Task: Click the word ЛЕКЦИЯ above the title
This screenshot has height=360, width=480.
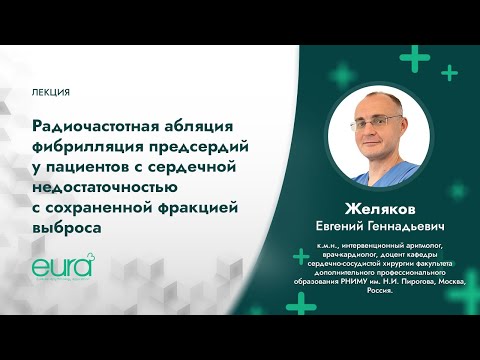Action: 51,92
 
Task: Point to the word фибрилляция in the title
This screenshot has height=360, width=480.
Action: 84,146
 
